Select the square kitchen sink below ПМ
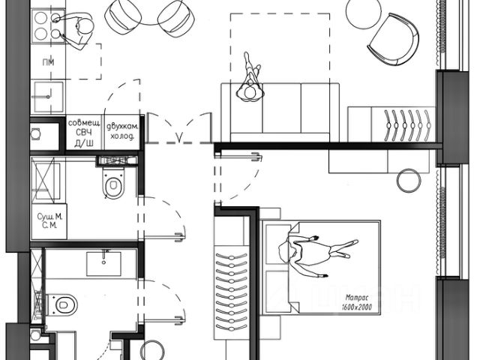point(47,96)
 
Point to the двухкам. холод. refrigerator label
point(121,132)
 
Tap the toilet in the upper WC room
point(112,184)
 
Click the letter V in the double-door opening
point(178,136)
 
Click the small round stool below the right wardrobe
point(409,180)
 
